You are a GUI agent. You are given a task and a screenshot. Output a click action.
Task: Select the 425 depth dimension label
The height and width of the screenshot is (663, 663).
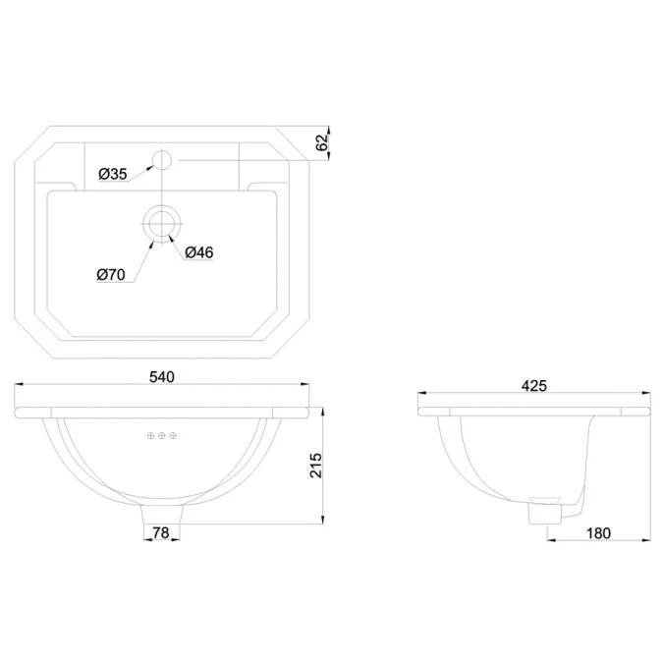click(533, 385)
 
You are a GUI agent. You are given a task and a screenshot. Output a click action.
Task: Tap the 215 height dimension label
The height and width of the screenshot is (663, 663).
click(315, 464)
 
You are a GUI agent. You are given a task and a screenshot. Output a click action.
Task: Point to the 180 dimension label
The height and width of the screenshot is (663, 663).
click(596, 533)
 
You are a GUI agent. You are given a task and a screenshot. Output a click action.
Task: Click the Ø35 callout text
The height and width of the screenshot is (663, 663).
click(113, 174)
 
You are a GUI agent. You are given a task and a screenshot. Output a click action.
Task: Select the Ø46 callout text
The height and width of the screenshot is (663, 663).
click(199, 252)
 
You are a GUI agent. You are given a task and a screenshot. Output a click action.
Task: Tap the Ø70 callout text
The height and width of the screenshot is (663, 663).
click(111, 276)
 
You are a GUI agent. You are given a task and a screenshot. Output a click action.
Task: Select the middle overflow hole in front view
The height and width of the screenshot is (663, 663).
click(161, 435)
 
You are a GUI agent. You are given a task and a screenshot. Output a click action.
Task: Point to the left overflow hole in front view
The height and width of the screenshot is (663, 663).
click(150, 435)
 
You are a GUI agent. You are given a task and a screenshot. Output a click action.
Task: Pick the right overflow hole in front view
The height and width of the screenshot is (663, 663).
click(173, 435)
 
